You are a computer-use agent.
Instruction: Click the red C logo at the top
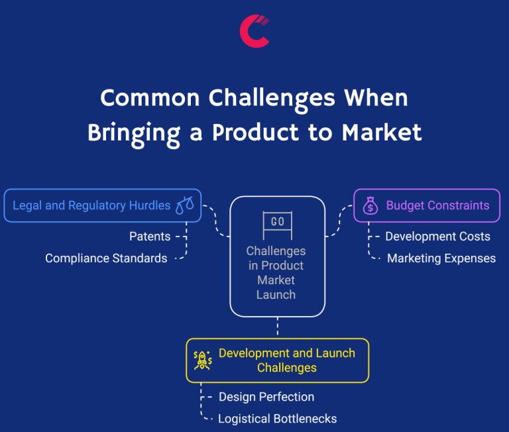(254, 31)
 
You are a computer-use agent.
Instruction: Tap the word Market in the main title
(382, 132)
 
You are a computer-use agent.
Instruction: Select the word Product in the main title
(267, 132)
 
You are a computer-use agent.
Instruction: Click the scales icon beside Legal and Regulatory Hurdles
(185, 205)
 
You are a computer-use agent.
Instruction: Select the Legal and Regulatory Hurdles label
(91, 205)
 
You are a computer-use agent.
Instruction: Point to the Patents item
(150, 237)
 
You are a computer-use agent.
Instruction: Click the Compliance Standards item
(106, 258)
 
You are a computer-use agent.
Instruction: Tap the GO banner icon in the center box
(278, 223)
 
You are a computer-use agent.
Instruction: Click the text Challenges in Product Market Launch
(276, 272)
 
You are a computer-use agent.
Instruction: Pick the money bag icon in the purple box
(370, 206)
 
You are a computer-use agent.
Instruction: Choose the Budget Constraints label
(437, 205)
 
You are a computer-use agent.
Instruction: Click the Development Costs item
(437, 237)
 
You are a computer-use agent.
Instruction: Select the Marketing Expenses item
(441, 258)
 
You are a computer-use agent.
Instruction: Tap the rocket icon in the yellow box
(202, 360)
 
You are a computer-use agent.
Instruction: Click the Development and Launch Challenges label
(286, 360)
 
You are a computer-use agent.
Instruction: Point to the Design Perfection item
(266, 397)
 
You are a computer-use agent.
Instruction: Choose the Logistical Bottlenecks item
(277, 419)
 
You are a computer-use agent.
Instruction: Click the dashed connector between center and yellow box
(278, 327)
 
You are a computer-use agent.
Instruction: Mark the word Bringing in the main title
(133, 132)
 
